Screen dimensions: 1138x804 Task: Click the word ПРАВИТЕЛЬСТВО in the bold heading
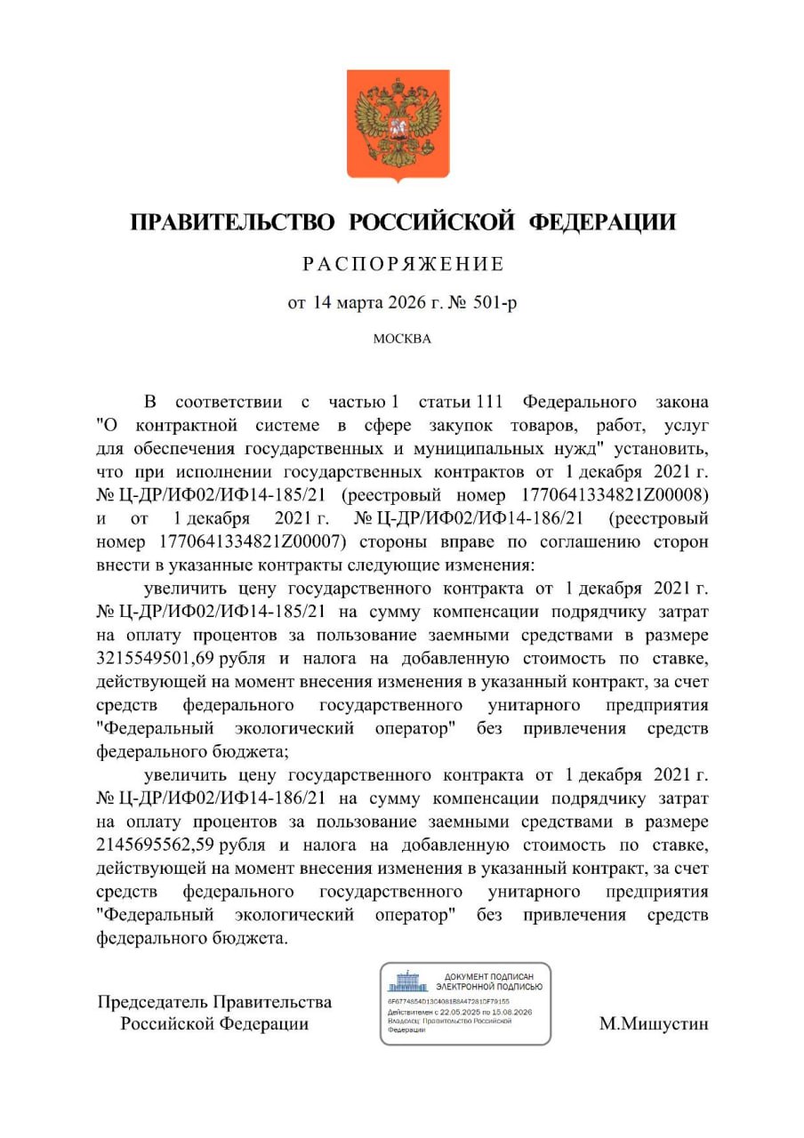pyautogui.click(x=232, y=221)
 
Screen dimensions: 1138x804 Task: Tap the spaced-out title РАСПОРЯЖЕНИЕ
pyautogui.click(x=403, y=265)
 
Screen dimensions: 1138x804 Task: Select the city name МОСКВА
pyautogui.click(x=402, y=340)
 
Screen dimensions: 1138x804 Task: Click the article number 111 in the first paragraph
pyautogui.click(x=494, y=402)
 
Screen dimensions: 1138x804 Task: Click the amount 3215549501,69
pyautogui.click(x=155, y=658)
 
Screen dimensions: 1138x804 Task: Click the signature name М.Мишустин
pyautogui.click(x=655, y=1024)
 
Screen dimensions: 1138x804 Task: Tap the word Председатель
pyautogui.click(x=151, y=1002)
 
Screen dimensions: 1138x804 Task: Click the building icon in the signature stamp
pyautogui.click(x=408, y=982)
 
